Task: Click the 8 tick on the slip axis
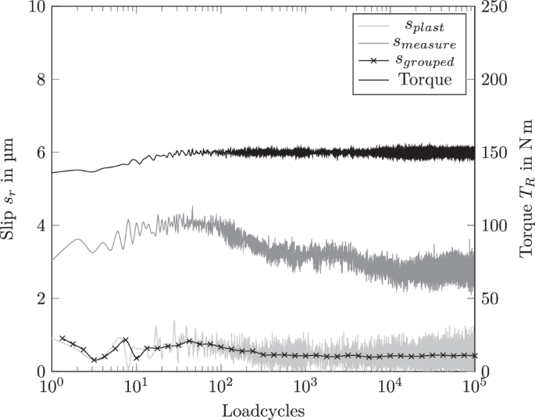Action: [x=37, y=80]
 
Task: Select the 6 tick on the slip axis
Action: [x=37, y=153]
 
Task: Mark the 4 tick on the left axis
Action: [x=37, y=225]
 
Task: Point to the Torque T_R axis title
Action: [x=525, y=188]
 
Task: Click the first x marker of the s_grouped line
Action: [x=62, y=339]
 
